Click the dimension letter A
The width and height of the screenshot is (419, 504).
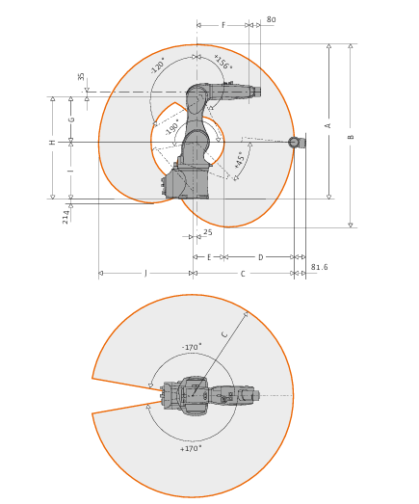click(x=328, y=125)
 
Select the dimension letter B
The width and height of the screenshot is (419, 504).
click(x=351, y=137)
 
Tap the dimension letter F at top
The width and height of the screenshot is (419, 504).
click(x=223, y=25)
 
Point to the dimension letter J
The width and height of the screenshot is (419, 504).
click(x=145, y=274)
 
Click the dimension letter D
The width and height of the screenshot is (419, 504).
click(x=261, y=257)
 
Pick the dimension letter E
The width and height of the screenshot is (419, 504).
click(x=209, y=257)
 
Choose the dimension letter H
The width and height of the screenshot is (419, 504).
click(x=52, y=142)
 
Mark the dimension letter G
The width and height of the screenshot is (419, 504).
click(x=71, y=119)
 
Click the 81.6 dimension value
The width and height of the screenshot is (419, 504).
click(x=320, y=267)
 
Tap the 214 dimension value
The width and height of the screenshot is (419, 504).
click(x=65, y=217)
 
